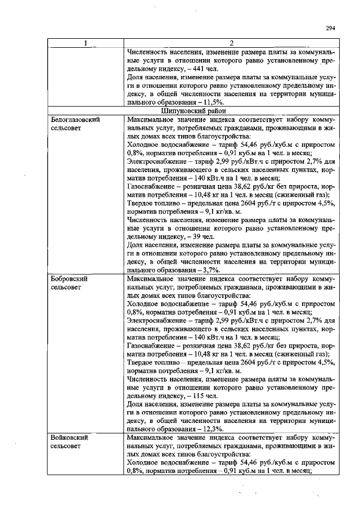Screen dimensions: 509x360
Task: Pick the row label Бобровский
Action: click(68, 278)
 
